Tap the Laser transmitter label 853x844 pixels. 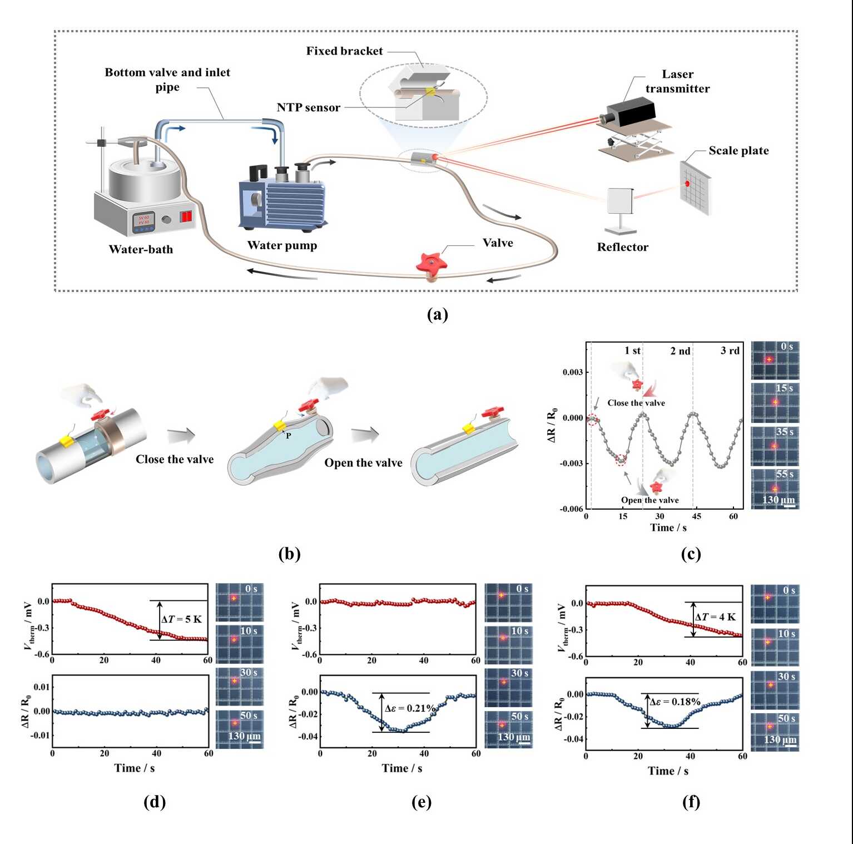pyautogui.click(x=677, y=81)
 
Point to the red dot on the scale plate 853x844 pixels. pyautogui.click(x=687, y=184)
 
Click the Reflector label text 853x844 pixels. pyautogui.click(x=622, y=247)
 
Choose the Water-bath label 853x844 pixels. pyautogui.click(x=141, y=249)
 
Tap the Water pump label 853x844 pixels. pyautogui.click(x=282, y=245)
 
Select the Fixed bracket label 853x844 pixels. pyautogui.click(x=344, y=51)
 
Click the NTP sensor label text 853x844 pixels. pyautogui.click(x=308, y=107)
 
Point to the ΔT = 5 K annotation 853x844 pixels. pyautogui.click(x=181, y=619)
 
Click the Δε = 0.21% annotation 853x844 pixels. pyautogui.click(x=410, y=708)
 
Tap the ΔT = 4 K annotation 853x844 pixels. pyautogui.click(x=715, y=617)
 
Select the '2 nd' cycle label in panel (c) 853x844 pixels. pyautogui.click(x=680, y=351)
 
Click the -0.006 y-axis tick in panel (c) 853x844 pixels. pyautogui.click(x=571, y=509)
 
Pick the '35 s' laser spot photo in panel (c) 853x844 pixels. pyautogui.click(x=775, y=446)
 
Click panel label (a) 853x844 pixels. pyautogui.click(x=437, y=314)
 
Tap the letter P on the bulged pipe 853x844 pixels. pyautogui.click(x=288, y=436)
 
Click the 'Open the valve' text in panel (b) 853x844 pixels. pyautogui.click(x=363, y=463)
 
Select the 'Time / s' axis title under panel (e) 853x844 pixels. pyautogui.click(x=401, y=768)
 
